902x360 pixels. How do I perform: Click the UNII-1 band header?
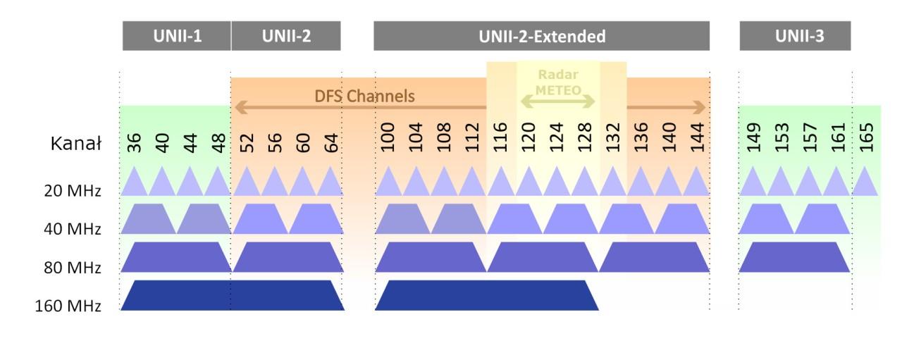point(177,37)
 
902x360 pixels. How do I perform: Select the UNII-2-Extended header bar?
point(541,37)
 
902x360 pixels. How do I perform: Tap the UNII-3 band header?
point(795,37)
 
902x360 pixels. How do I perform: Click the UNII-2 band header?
point(286,37)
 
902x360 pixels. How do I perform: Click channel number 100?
point(388,139)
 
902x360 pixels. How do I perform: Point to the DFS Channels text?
point(365,96)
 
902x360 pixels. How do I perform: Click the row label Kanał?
point(76,144)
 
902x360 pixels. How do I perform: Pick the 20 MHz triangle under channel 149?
point(753,185)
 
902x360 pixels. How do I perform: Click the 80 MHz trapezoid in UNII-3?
point(794,257)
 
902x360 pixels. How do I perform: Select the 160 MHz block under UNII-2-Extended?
point(486,295)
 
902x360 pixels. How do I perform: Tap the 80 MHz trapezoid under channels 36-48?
point(176,257)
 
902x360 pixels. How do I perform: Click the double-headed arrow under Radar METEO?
point(559,101)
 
